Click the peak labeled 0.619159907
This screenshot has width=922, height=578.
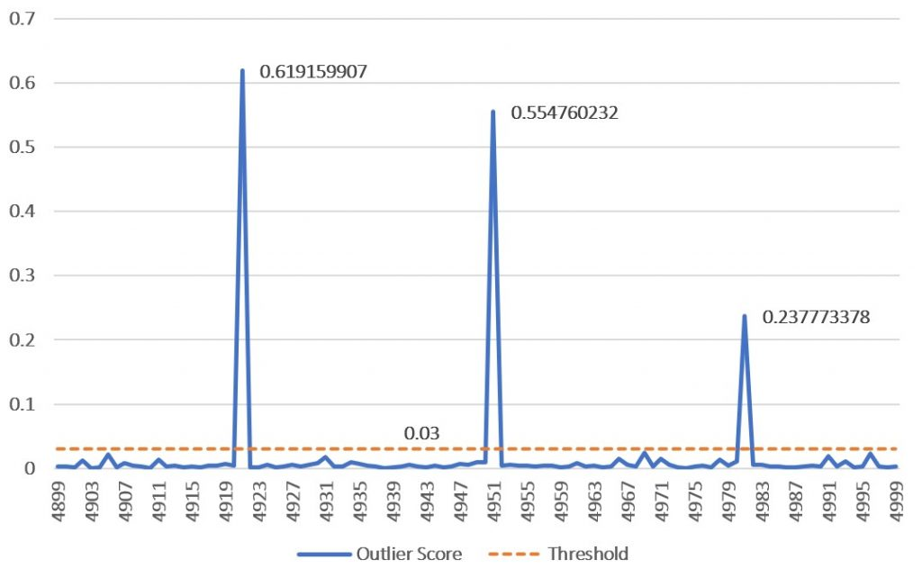point(242,70)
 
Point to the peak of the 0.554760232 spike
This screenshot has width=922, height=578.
point(493,112)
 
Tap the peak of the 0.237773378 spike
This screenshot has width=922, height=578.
point(744,315)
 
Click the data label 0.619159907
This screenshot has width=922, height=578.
point(312,71)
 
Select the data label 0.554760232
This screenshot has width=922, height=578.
point(564,113)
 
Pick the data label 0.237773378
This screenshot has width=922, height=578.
point(816,317)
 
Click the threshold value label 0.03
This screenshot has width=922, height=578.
point(421,434)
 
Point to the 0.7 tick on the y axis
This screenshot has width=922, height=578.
point(20,18)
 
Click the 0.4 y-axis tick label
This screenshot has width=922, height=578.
point(20,212)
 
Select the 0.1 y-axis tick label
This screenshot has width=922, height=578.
point(20,404)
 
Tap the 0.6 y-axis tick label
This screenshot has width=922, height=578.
point(20,83)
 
